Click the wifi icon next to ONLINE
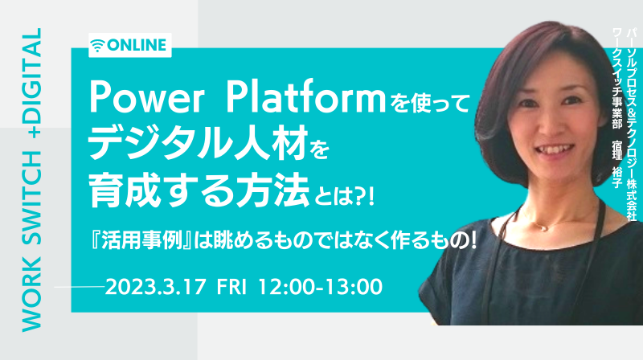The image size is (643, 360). click(x=97, y=45)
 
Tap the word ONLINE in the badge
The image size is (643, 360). click(x=137, y=45)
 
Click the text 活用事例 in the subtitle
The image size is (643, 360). click(x=141, y=241)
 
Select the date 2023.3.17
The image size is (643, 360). click(x=155, y=287)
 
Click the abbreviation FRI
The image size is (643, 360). click(x=231, y=287)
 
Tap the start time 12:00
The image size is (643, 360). click(x=286, y=287)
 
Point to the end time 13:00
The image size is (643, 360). click(x=354, y=287)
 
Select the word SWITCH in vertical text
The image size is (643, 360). click(x=32, y=198)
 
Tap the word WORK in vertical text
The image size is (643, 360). click(x=32, y=294)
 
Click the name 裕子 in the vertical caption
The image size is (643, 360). click(x=616, y=177)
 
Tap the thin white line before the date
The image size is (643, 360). click(x=80, y=287)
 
